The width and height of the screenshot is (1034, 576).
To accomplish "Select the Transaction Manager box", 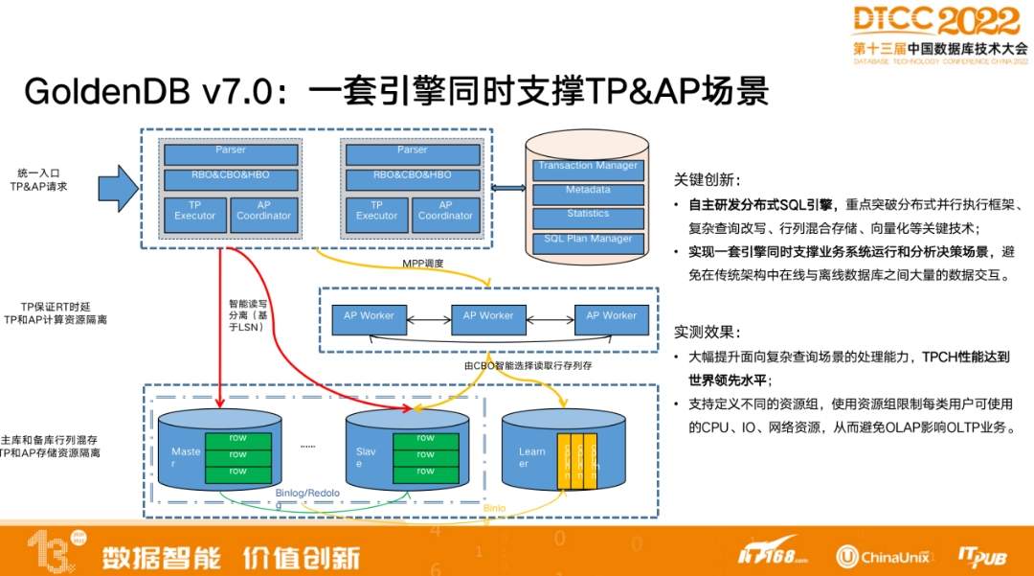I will tap(587, 167).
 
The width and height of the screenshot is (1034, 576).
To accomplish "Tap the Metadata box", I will tap(587, 191).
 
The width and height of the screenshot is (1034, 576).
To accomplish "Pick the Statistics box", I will tap(587, 215).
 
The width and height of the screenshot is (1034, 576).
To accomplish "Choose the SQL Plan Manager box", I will tap(587, 239).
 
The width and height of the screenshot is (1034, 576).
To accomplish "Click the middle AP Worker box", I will tap(488, 316).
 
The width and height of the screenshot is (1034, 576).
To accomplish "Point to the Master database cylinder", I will tap(218, 450).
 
